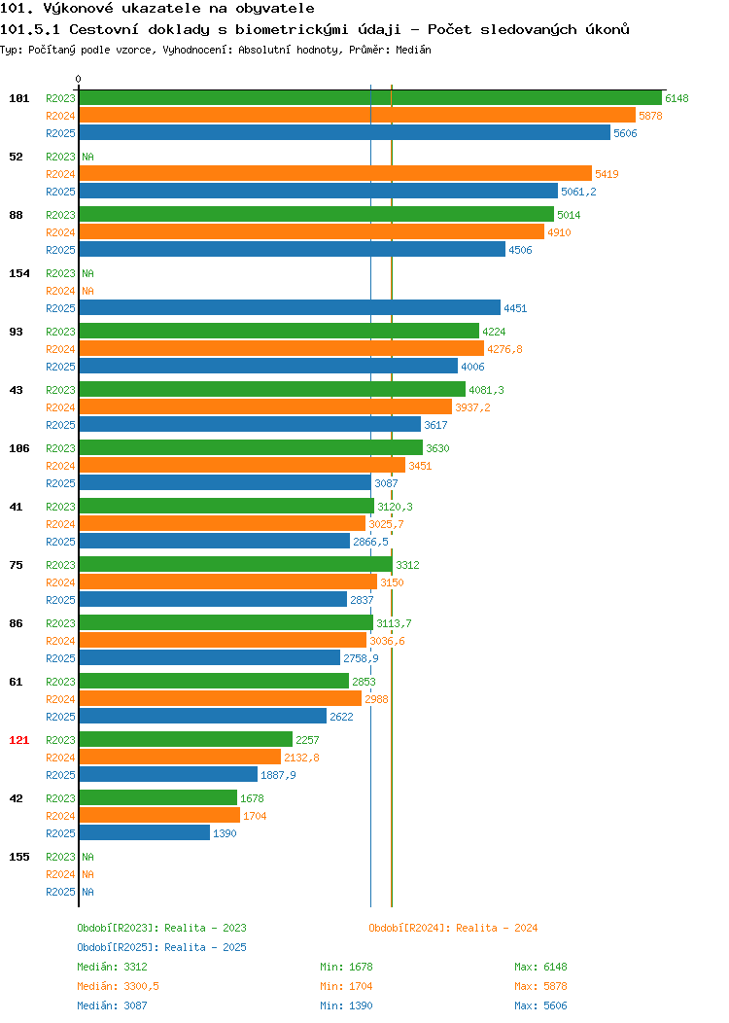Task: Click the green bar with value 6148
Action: tap(370, 98)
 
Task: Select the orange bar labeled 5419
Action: tap(335, 173)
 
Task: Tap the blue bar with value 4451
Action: tap(291, 308)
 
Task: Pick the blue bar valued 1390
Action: tap(145, 833)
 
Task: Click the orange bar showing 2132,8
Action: tap(180, 757)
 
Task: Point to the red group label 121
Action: tap(18, 740)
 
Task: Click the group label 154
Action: tap(18, 273)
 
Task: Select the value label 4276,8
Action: tap(504, 349)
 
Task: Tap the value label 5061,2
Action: tap(578, 192)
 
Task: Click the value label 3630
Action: tap(437, 448)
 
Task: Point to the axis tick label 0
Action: tap(79, 79)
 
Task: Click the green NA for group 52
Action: tap(88, 157)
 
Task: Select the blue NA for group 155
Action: tap(88, 892)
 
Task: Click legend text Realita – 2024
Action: tap(497, 928)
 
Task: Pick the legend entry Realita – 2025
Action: tap(205, 947)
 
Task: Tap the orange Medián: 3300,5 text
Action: tap(118, 986)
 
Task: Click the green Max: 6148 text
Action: tap(540, 967)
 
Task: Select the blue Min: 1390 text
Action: tap(346, 1006)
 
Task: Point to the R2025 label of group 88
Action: tap(60, 250)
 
